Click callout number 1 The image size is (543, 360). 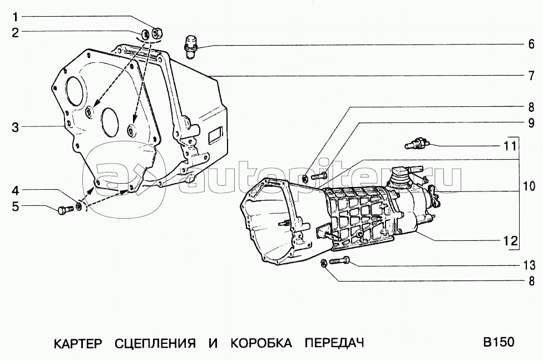tap(15, 16)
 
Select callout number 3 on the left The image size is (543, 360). tap(15, 127)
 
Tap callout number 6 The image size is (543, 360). tap(531, 45)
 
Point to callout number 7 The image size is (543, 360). tap(531, 76)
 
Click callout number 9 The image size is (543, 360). tap(531, 123)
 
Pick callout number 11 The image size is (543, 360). tap(510, 146)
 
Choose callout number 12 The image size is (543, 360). tap(510, 240)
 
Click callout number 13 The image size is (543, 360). tap(529, 265)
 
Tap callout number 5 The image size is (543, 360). tap(15, 206)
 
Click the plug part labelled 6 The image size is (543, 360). tap(190, 46)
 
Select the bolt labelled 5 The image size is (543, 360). tap(65, 210)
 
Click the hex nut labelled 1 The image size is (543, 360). tap(157, 33)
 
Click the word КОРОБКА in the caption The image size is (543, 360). tap(261, 343)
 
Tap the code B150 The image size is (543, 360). tap(499, 342)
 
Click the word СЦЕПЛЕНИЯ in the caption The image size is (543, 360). tap(155, 344)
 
